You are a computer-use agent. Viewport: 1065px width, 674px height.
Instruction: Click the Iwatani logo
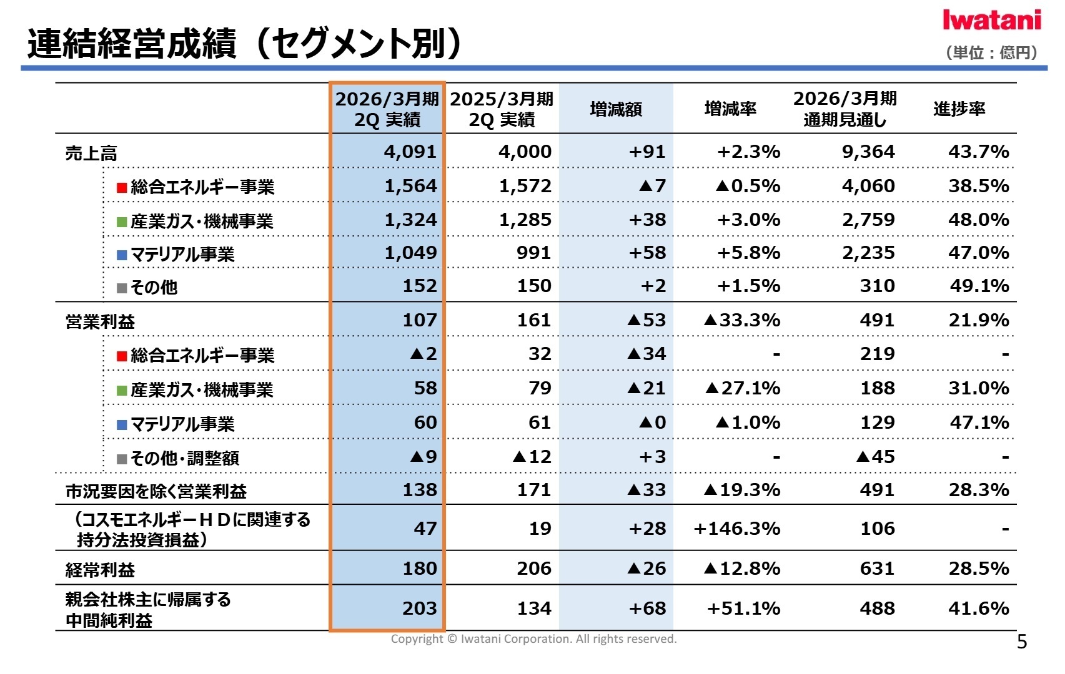pos(991,20)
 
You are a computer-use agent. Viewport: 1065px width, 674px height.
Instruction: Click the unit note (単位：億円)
pos(991,52)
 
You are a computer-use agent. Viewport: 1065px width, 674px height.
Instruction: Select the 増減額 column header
pos(616,109)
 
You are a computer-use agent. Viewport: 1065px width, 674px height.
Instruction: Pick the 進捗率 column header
pos(959,109)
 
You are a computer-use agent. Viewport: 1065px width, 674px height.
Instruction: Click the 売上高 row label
pos(91,154)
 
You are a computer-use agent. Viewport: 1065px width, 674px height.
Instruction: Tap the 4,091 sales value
pos(410,152)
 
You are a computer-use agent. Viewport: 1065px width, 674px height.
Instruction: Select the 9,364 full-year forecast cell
pos(868,152)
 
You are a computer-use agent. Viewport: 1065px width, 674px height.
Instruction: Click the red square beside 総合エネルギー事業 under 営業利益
pos(122,356)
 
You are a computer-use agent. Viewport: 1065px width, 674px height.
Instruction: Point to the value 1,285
pos(525,220)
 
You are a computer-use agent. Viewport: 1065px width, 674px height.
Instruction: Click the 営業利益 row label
pos(100,322)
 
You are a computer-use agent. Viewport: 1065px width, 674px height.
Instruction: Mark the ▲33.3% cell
pos(742,320)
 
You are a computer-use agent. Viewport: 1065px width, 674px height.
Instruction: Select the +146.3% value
pos(737,529)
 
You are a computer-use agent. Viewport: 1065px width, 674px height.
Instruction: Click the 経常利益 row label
pos(100,570)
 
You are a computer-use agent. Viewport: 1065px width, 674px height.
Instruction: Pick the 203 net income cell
pos(419,608)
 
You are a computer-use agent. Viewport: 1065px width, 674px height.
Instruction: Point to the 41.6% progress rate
pos(978,608)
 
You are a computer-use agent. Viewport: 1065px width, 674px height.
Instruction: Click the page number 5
pos(1021,642)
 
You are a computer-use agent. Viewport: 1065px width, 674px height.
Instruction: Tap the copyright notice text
pos(533,639)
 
